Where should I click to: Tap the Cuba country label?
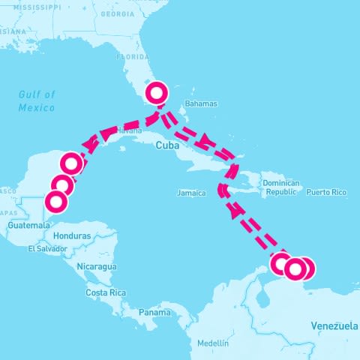166,146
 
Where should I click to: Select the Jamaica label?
191,193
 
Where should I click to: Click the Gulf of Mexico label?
37,100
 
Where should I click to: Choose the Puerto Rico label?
326,193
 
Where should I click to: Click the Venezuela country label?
334,326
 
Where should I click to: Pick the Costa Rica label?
105,292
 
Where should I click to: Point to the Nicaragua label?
97,266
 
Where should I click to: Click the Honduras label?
73,235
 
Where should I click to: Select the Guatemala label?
28,225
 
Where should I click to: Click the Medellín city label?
213,343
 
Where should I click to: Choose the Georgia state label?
118,14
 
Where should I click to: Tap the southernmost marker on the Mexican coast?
56,201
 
